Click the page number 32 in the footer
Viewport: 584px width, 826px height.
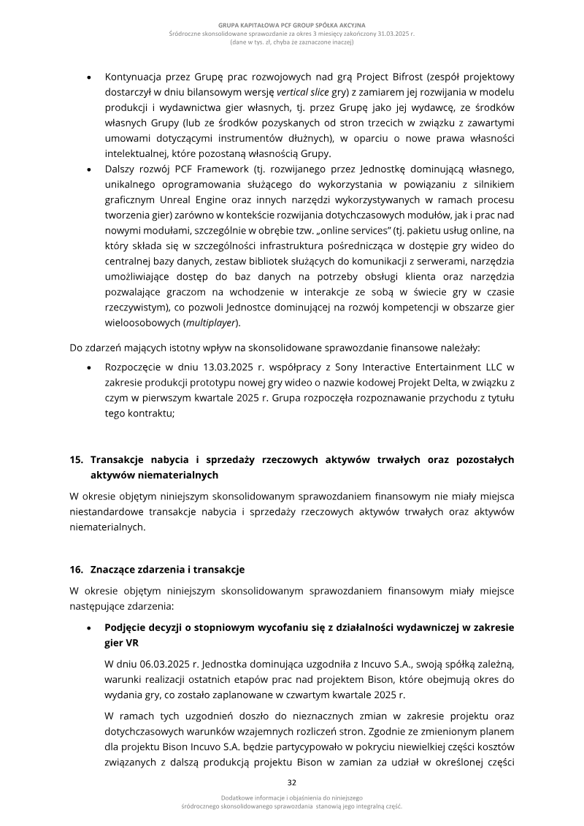291,782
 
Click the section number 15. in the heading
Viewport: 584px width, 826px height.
77,459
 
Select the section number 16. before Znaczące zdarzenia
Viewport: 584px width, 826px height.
77,569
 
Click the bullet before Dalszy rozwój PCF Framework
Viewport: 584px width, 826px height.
88,169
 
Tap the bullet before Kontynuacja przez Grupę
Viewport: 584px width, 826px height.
88,77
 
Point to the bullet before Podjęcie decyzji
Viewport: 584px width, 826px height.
88,627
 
